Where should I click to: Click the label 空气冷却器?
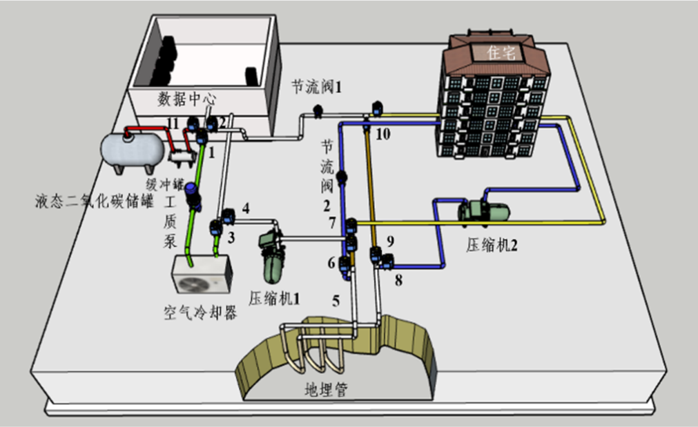tap(200, 314)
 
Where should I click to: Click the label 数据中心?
tap(187, 99)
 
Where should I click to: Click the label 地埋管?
tap(324, 390)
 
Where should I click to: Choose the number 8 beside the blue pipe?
tap(399, 281)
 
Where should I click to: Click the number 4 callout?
tap(245, 208)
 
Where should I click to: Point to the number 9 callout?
tap(390, 241)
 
